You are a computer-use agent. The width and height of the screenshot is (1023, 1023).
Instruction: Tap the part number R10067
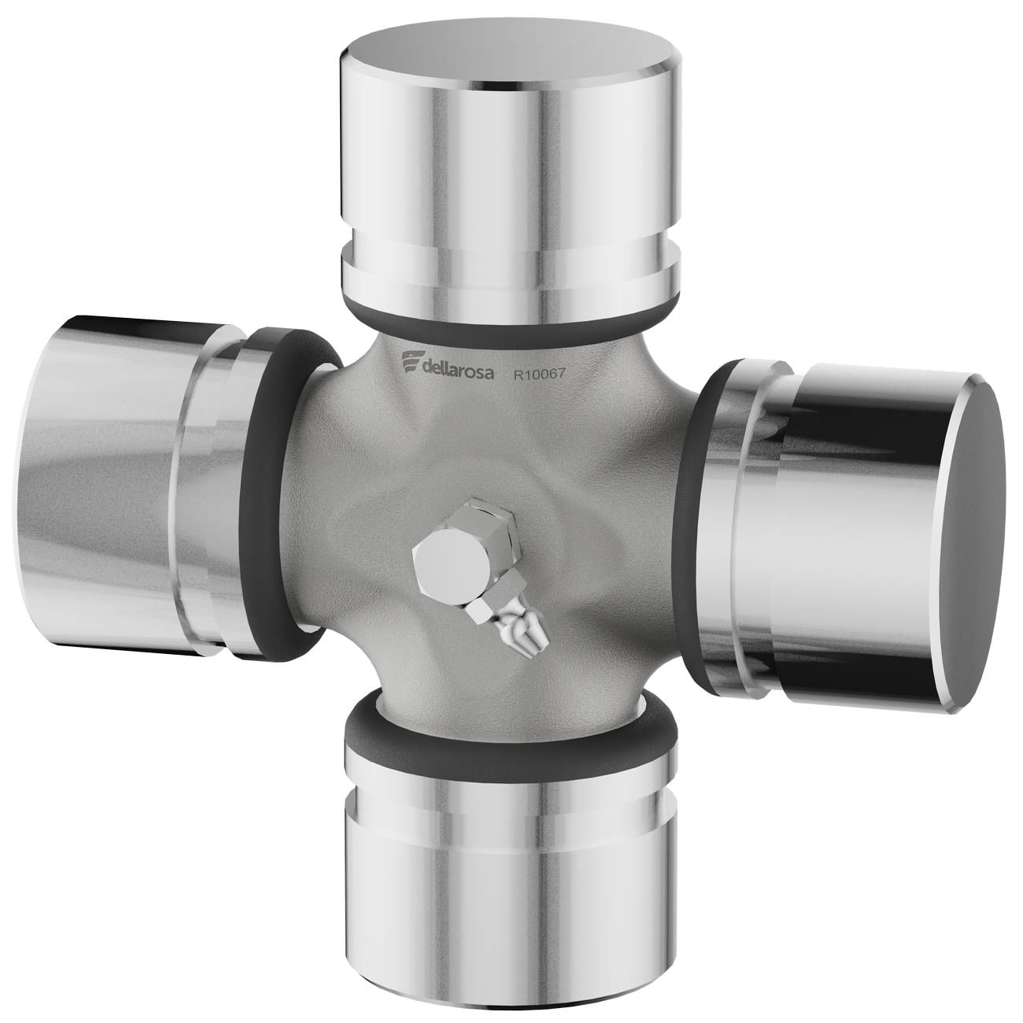[539, 374]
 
